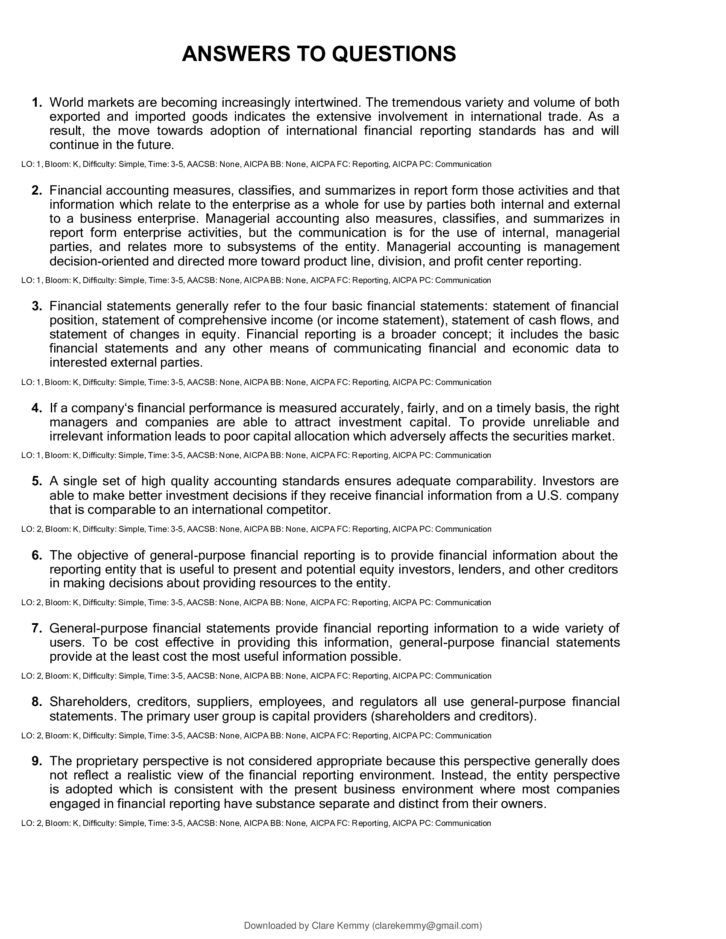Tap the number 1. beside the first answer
[x=37, y=103]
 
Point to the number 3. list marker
[x=37, y=306]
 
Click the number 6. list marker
[x=37, y=555]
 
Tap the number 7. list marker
[x=37, y=629]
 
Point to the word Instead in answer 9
[x=463, y=776]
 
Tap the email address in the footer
[x=427, y=926]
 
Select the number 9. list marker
[x=37, y=761]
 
